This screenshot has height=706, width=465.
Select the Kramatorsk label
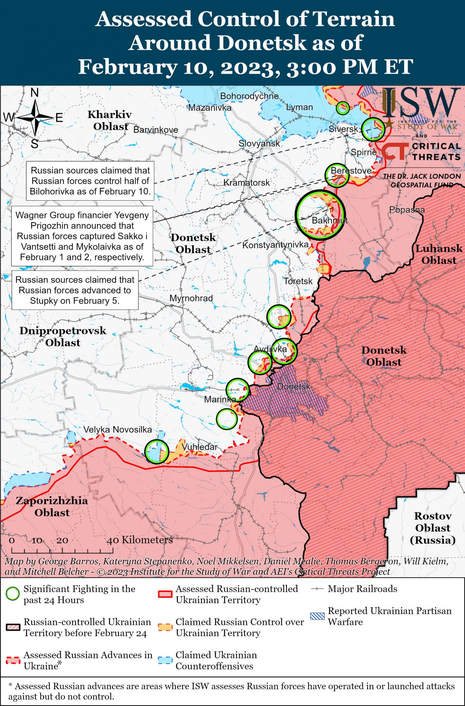pyautogui.click(x=246, y=183)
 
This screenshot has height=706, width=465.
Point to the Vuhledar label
pyautogui.click(x=199, y=447)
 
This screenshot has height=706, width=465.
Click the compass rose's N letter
pyautogui.click(x=35, y=93)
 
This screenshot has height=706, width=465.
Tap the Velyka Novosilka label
pyautogui.click(x=118, y=429)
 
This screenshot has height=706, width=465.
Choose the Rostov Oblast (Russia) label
pyautogui.click(x=433, y=528)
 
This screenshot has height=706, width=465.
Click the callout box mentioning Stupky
pyautogui.click(x=75, y=290)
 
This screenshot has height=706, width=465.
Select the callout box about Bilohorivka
pyautogui.click(x=90, y=181)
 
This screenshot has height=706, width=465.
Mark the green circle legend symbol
pyautogui.click(x=13, y=594)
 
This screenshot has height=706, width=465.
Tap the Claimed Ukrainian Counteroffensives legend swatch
pyautogui.click(x=165, y=660)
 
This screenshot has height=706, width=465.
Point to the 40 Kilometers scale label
pyautogui.click(x=141, y=540)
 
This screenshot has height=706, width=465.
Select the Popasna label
pyautogui.click(x=407, y=210)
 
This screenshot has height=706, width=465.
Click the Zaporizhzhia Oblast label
pyautogui.click(x=52, y=506)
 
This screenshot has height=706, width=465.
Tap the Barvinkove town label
pyautogui.click(x=156, y=130)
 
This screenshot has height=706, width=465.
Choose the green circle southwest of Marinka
pyautogui.click(x=226, y=419)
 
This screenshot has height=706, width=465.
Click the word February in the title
pyautogui.click(x=127, y=66)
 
